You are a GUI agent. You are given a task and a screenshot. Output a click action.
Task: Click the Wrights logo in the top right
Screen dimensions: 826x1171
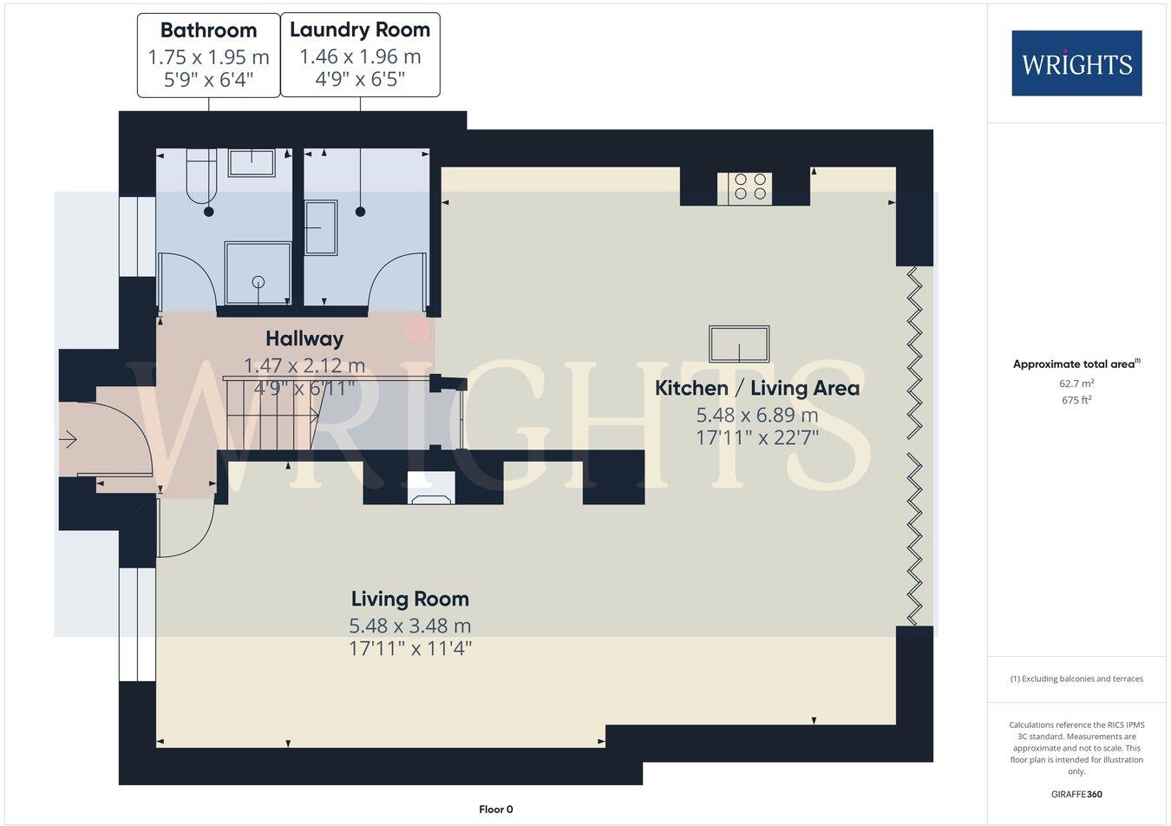1076,63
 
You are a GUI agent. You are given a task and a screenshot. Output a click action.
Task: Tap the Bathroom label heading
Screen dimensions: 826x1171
208,30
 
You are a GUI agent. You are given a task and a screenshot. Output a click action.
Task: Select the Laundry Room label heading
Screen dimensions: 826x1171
360,29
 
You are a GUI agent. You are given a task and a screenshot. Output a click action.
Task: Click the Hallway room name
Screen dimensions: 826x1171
304,338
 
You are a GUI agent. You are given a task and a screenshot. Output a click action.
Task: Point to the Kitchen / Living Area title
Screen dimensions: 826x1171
756,388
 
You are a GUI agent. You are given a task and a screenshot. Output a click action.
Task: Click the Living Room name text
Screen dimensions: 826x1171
409,599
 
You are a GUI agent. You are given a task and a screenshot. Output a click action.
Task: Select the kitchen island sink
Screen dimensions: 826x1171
739,344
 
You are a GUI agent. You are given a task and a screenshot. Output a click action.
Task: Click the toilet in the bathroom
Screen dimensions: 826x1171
201,174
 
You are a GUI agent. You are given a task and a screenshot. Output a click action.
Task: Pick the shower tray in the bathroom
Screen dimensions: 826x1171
258,272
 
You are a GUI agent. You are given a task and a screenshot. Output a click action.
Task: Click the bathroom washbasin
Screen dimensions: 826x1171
252,162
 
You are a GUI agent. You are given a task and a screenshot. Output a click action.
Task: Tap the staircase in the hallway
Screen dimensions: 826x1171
269,413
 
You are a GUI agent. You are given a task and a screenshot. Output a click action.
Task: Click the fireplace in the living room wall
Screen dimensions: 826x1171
430,489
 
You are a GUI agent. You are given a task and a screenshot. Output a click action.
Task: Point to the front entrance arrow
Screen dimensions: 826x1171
68,441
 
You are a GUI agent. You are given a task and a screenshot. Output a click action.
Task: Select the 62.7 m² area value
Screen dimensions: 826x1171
1076,383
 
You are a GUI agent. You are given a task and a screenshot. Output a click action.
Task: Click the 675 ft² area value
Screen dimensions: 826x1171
1076,400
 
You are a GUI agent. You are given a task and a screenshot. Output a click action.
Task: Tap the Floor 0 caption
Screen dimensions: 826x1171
496,810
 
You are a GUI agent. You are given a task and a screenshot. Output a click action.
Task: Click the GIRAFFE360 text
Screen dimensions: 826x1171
1076,794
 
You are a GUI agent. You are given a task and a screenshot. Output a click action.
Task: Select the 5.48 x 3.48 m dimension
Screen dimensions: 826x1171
409,626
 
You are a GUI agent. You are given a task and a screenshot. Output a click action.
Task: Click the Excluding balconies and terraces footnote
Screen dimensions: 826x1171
1076,678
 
